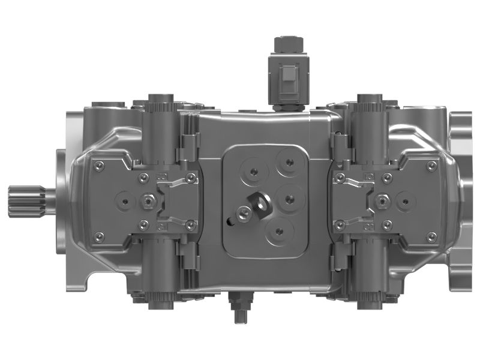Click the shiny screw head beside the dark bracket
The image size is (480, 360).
pos(243,211)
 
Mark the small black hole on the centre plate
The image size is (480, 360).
pos(229,221)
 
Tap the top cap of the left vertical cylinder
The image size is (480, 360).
pos(157,98)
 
